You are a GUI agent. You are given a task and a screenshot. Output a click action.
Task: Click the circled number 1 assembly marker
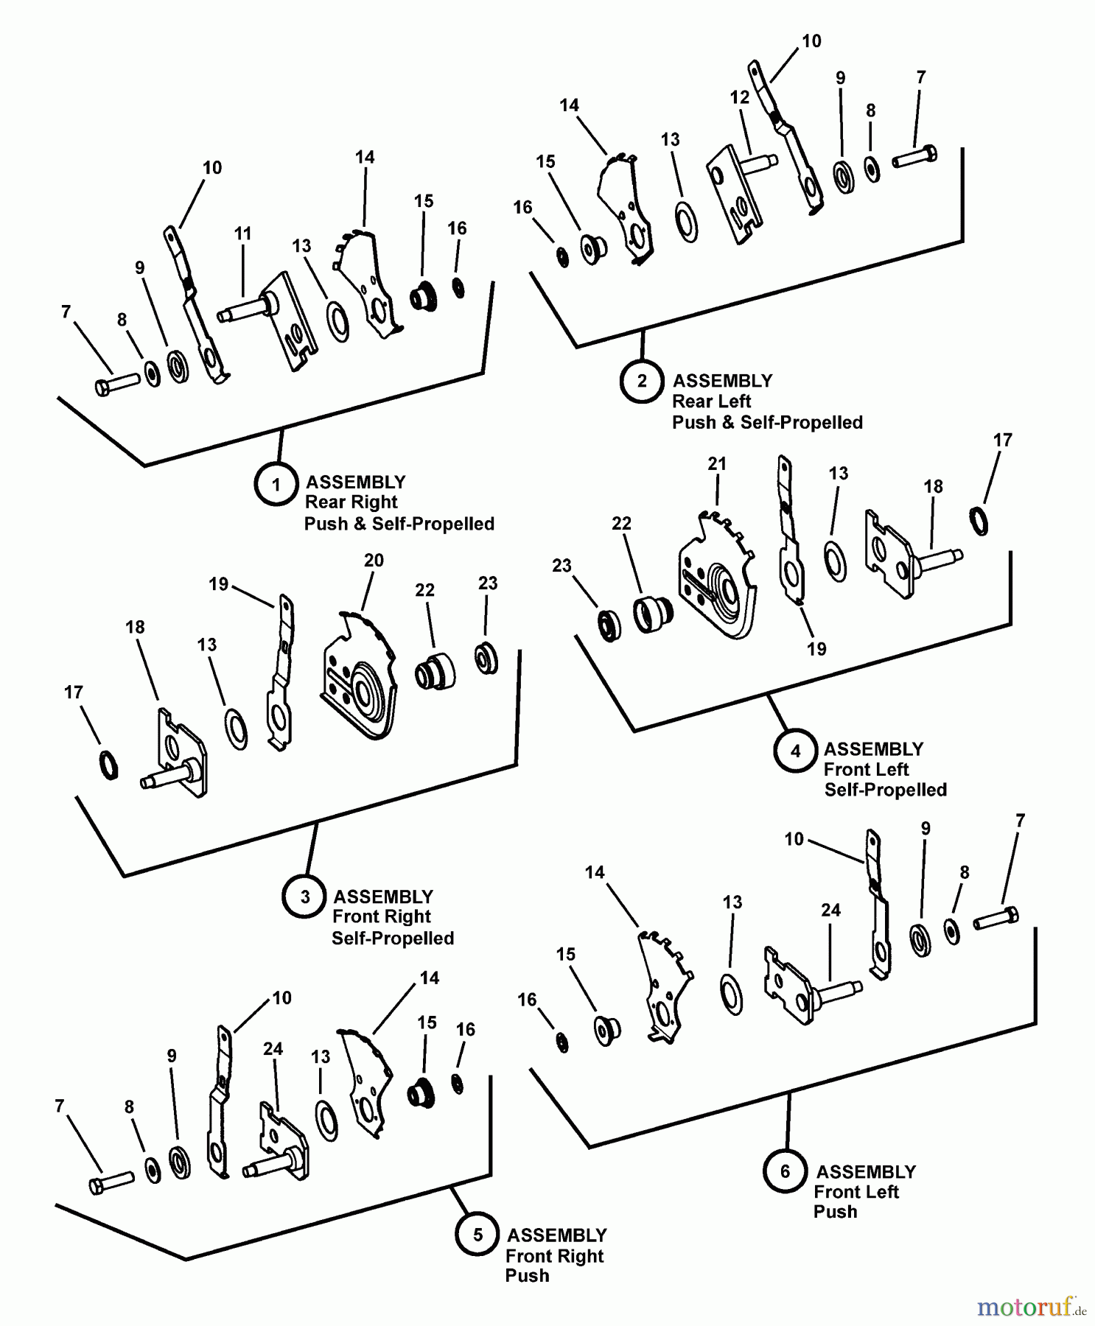(276, 484)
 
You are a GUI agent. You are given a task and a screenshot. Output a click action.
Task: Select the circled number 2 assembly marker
(642, 381)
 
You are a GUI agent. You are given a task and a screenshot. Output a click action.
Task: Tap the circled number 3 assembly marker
(304, 897)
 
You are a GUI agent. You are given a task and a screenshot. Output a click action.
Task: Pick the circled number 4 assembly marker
(795, 751)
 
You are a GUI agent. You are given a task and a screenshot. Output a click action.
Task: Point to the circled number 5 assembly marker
(477, 1235)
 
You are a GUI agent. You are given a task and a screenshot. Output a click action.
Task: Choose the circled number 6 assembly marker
(785, 1171)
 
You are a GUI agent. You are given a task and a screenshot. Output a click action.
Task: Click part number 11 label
(242, 234)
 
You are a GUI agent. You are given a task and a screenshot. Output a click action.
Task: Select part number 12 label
(739, 97)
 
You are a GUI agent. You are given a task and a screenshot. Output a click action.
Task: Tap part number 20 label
(374, 561)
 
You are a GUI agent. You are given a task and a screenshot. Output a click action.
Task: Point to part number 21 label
(717, 463)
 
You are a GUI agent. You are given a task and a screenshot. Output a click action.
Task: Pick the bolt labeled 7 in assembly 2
(914, 157)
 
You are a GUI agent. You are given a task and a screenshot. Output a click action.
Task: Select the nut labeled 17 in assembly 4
(979, 520)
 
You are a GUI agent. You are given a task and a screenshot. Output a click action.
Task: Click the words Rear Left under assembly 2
(711, 401)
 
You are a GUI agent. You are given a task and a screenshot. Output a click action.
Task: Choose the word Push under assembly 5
(527, 1275)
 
